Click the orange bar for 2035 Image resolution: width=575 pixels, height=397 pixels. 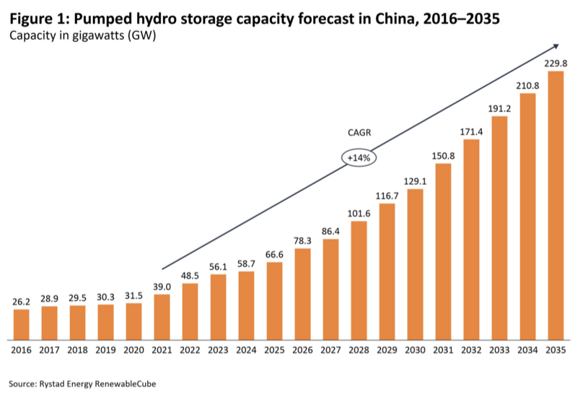point(554,206)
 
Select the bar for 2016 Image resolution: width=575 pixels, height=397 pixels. point(22,324)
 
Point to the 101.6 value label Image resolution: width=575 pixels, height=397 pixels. point(359,214)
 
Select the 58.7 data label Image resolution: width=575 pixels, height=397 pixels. point(247,264)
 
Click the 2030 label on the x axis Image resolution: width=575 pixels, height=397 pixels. point(415,350)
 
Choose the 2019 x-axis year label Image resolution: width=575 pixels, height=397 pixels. point(106,350)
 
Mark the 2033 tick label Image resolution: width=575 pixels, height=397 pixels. point(499,350)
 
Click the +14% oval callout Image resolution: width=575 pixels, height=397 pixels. point(359,157)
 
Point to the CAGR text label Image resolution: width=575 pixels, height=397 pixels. point(359,132)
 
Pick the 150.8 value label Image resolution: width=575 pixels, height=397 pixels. point(442,156)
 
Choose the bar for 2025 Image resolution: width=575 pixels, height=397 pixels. point(275,301)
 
